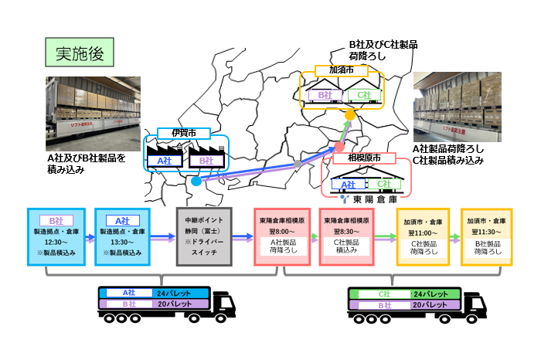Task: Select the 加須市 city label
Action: pyautogui.click(x=341, y=70)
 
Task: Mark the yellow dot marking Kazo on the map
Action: pyautogui.click(x=349, y=115)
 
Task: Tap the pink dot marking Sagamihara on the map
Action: pyautogui.click(x=338, y=147)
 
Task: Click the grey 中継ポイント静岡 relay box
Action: pyautogui.click(x=205, y=237)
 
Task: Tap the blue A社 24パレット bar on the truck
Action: pyautogui.click(x=151, y=293)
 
